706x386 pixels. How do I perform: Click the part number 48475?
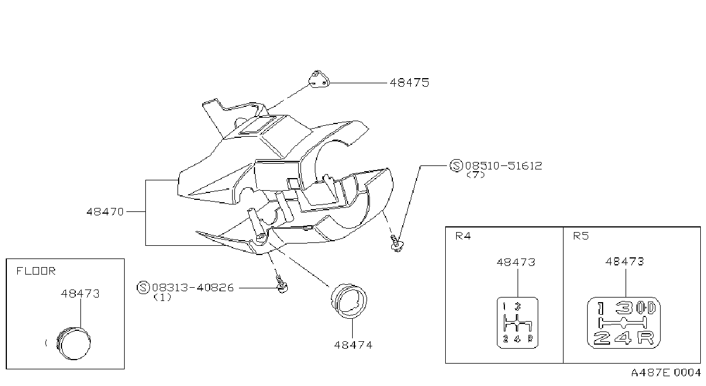click(410, 83)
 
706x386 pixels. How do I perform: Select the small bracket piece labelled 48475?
click(319, 79)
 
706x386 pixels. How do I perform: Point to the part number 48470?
click(105, 212)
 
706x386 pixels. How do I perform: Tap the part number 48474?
click(353, 345)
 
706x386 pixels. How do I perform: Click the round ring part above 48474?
click(349, 301)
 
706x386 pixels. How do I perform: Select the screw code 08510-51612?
click(504, 166)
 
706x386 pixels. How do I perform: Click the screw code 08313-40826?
click(193, 288)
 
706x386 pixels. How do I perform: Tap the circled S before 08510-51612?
click(456, 165)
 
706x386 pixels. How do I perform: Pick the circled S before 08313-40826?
click(143, 287)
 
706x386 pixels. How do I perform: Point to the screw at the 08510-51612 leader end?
click(397, 243)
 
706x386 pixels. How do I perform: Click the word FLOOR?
click(36, 271)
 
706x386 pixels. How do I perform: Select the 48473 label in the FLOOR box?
click(80, 294)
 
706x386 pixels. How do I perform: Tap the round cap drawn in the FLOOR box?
click(74, 343)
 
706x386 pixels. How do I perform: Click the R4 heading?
click(463, 236)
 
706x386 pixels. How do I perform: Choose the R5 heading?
click(581, 236)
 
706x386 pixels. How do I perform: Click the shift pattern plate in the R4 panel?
click(518, 323)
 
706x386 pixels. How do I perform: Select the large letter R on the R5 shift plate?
click(645, 338)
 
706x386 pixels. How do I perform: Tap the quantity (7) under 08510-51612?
click(476, 175)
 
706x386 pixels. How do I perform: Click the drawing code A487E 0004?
click(666, 373)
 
